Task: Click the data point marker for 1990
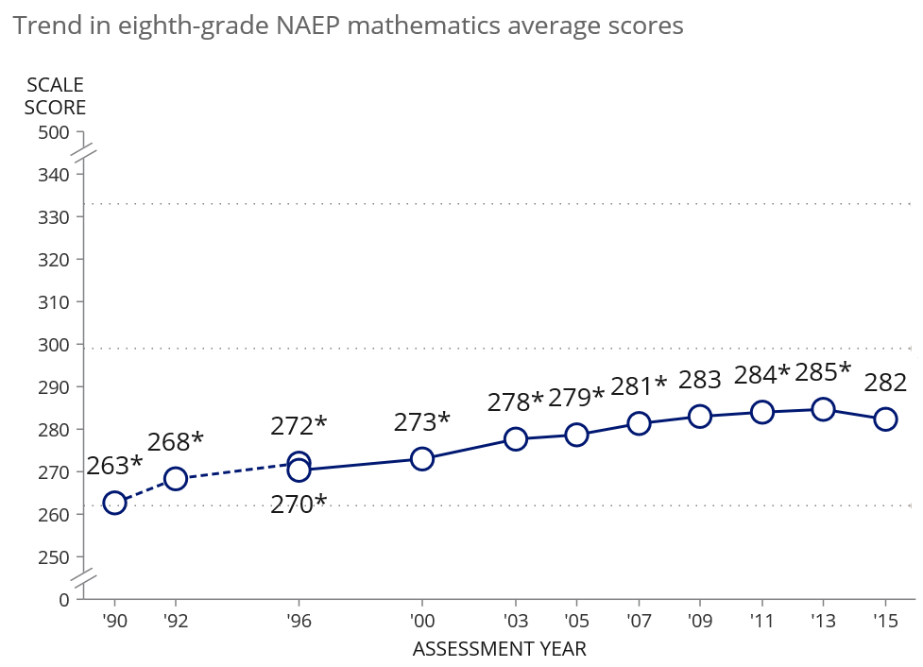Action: [115, 503]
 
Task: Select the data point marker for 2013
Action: [823, 409]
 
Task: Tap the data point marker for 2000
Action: [421, 459]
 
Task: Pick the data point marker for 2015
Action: [885, 419]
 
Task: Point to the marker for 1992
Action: [176, 479]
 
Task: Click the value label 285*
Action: [823, 372]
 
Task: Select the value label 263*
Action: [114, 465]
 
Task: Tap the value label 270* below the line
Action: [299, 504]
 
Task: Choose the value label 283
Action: [699, 380]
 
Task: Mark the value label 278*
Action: [515, 402]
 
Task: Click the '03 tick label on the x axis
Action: [515, 622]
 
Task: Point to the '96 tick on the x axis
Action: [299, 622]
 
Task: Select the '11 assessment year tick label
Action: [761, 622]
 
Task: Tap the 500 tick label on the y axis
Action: [54, 132]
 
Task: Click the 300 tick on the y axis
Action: [54, 345]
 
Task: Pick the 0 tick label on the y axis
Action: [64, 599]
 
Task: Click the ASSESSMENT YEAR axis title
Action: [500, 649]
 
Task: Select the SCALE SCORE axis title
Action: [55, 96]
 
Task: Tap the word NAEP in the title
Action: [304, 26]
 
